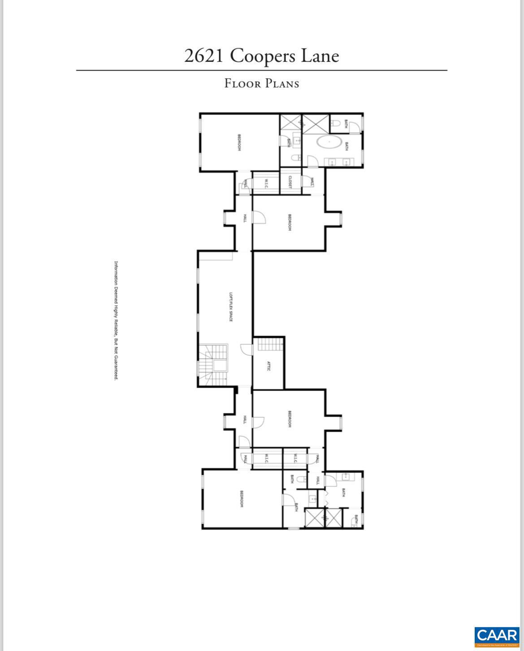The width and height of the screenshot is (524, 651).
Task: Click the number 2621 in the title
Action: [204, 56]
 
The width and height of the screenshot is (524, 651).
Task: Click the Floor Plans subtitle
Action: [262, 83]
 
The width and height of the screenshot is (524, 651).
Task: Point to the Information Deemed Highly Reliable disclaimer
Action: [116, 320]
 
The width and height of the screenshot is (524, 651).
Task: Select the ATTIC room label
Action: [268, 366]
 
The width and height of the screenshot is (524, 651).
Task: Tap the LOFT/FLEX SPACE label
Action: [230, 307]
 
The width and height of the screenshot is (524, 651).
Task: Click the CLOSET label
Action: [290, 182]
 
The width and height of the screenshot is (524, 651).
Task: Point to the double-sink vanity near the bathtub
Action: [338, 162]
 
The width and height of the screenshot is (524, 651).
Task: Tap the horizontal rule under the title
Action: [262, 70]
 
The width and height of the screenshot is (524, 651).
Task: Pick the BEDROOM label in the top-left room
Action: [239, 143]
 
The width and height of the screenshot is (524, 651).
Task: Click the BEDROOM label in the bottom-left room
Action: [242, 498]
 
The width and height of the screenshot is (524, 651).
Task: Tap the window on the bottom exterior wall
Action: [293, 529]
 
